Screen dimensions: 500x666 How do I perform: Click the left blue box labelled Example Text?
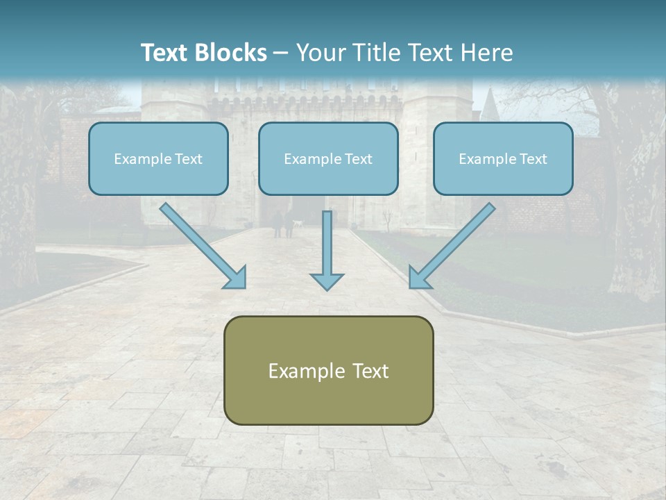(158, 158)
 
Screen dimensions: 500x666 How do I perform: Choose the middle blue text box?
(328, 158)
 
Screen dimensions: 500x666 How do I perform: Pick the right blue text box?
(503, 158)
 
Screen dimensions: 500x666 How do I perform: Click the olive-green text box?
(328, 370)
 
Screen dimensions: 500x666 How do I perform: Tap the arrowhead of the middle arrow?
(327, 281)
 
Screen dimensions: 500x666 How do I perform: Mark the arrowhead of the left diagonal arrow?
(236, 278)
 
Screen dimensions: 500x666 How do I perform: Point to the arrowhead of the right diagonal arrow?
(418, 278)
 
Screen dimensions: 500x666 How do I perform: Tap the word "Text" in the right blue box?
(533, 159)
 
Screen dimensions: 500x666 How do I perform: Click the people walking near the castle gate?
(283, 224)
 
